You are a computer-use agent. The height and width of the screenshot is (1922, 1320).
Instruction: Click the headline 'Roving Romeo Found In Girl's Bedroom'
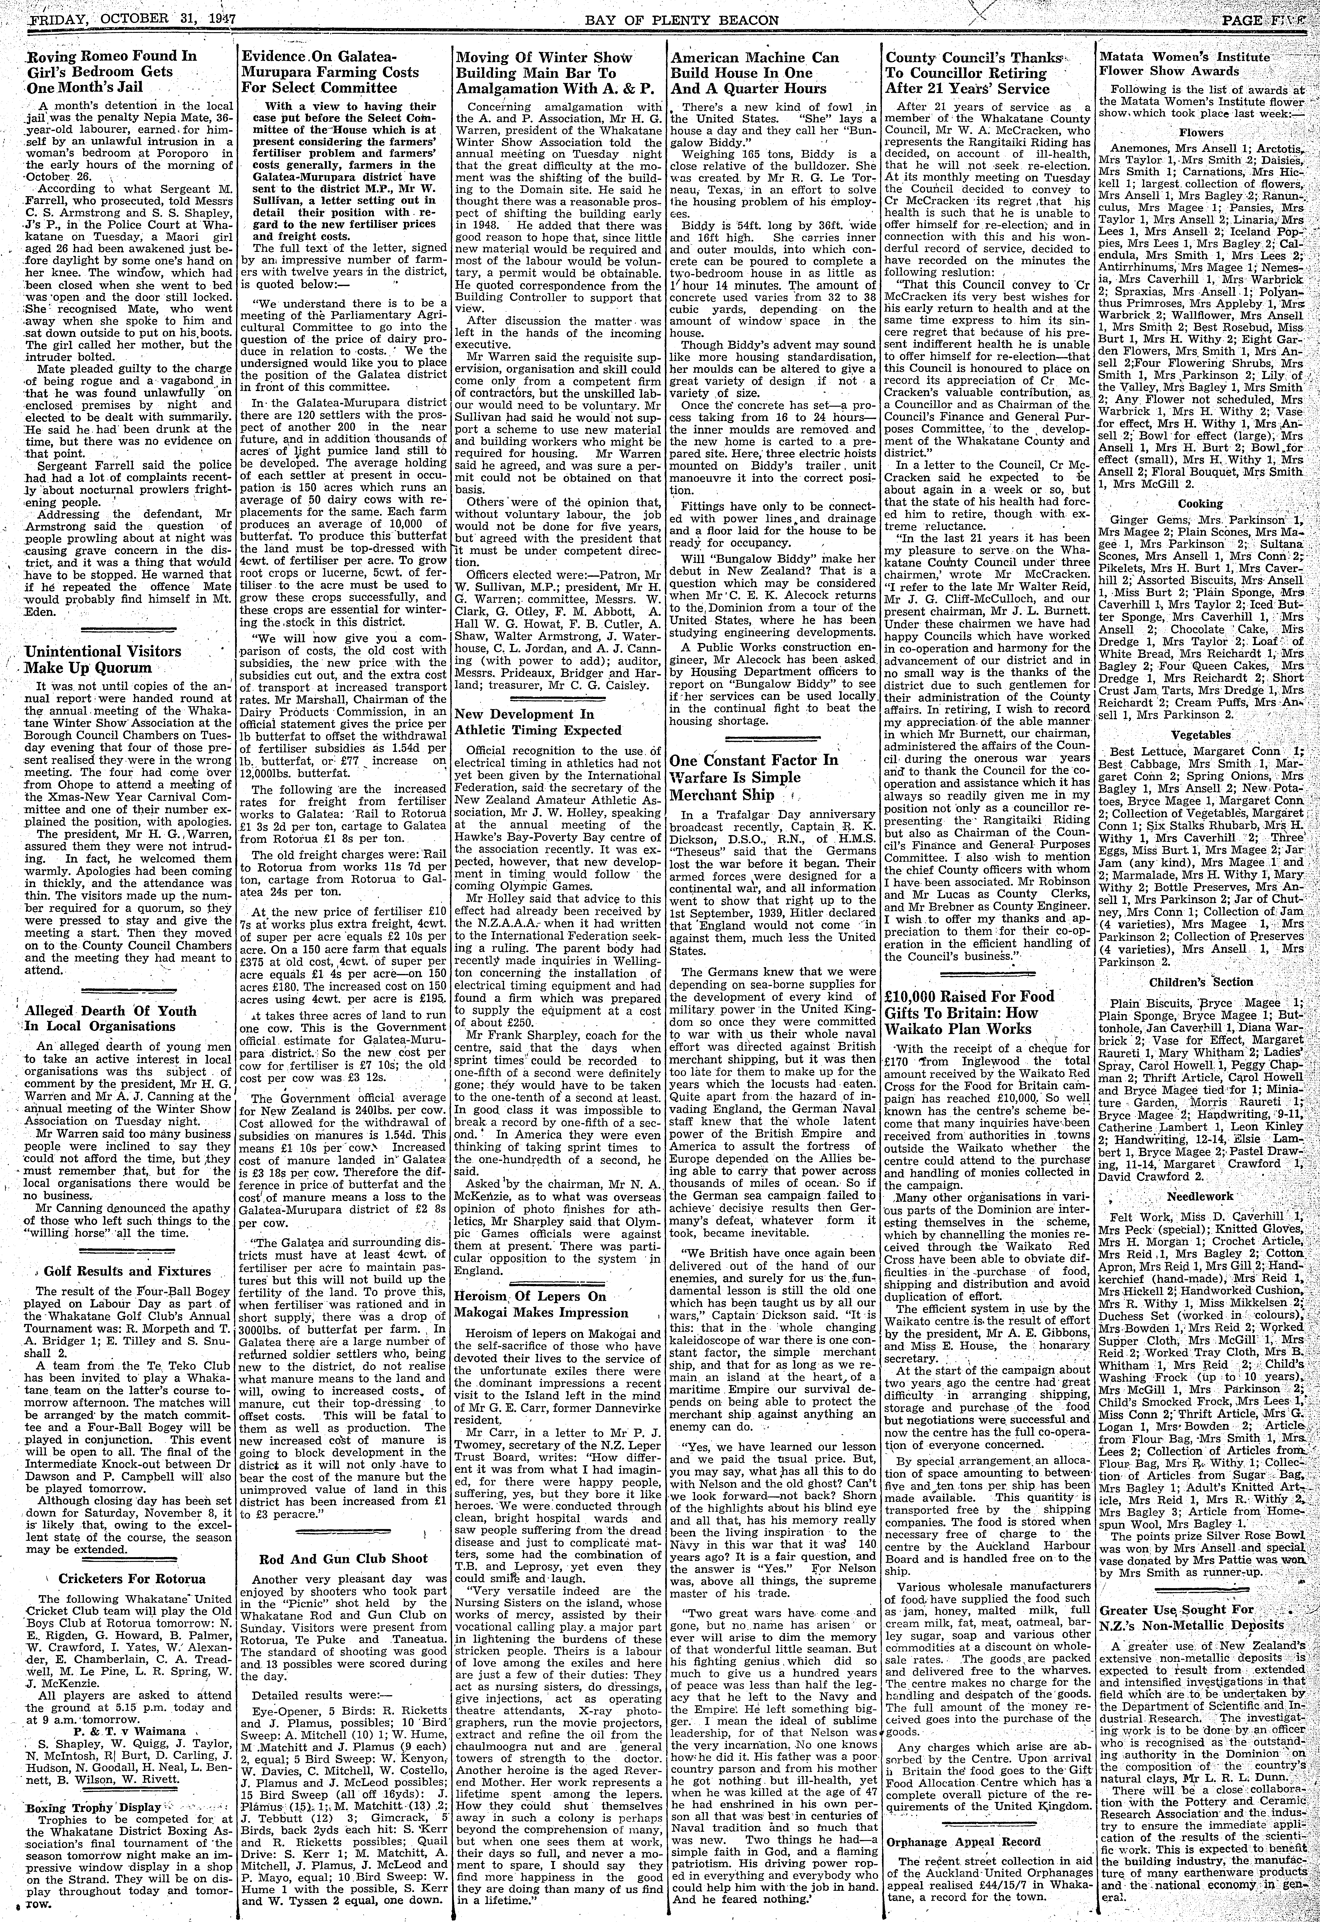(x=112, y=71)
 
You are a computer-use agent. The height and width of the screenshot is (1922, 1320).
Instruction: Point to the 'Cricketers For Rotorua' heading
(x=127, y=1577)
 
